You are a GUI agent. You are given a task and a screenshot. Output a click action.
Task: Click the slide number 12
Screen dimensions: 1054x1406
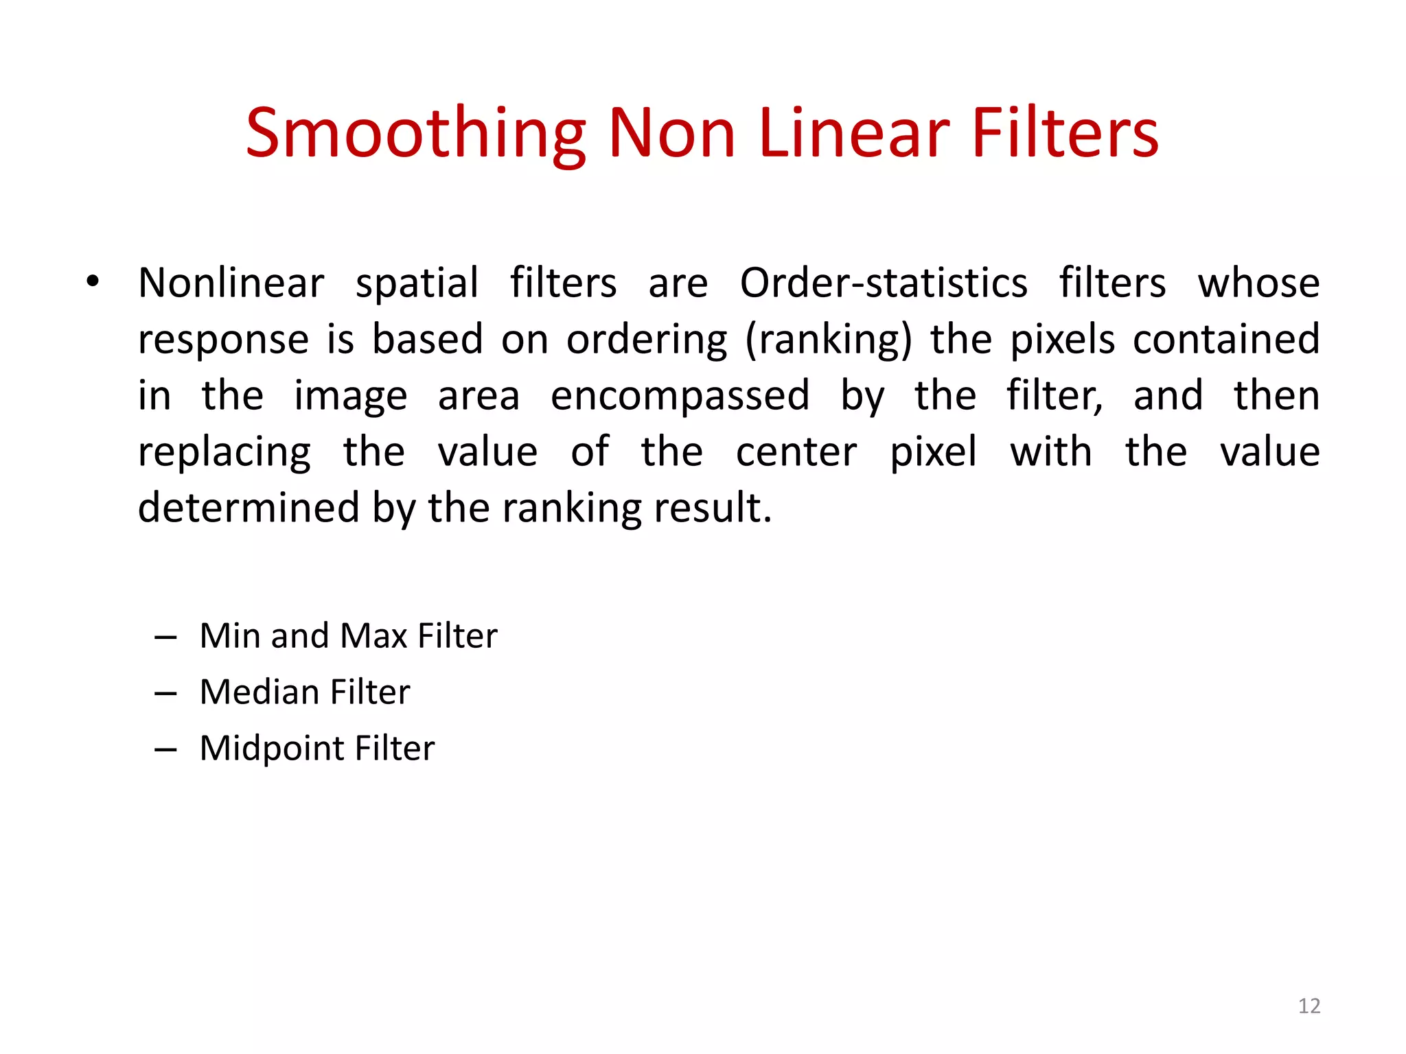tap(1309, 1006)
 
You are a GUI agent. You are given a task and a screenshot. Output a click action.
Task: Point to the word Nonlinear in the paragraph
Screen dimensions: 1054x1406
tap(231, 283)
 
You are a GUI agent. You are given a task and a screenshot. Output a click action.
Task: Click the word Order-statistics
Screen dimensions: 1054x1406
tap(884, 283)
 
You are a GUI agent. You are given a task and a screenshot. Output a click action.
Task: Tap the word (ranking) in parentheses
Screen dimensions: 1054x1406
tap(829, 340)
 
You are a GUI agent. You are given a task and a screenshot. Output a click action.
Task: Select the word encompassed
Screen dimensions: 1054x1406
tap(680, 396)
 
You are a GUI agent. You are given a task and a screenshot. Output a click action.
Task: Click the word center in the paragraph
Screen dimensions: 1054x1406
tap(796, 452)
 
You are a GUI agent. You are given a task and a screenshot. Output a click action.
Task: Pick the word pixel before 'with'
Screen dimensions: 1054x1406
tap(933, 453)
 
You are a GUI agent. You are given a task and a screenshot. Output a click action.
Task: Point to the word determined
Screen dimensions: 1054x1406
tap(249, 508)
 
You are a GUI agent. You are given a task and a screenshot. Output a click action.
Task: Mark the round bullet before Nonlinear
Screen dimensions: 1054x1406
tap(93, 281)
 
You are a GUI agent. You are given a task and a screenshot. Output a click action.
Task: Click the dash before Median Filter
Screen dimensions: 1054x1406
tap(165, 694)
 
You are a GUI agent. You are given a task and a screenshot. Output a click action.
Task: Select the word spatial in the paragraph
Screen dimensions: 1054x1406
tap(417, 284)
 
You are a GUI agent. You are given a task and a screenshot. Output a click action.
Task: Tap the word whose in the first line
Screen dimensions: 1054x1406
tap(1258, 283)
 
